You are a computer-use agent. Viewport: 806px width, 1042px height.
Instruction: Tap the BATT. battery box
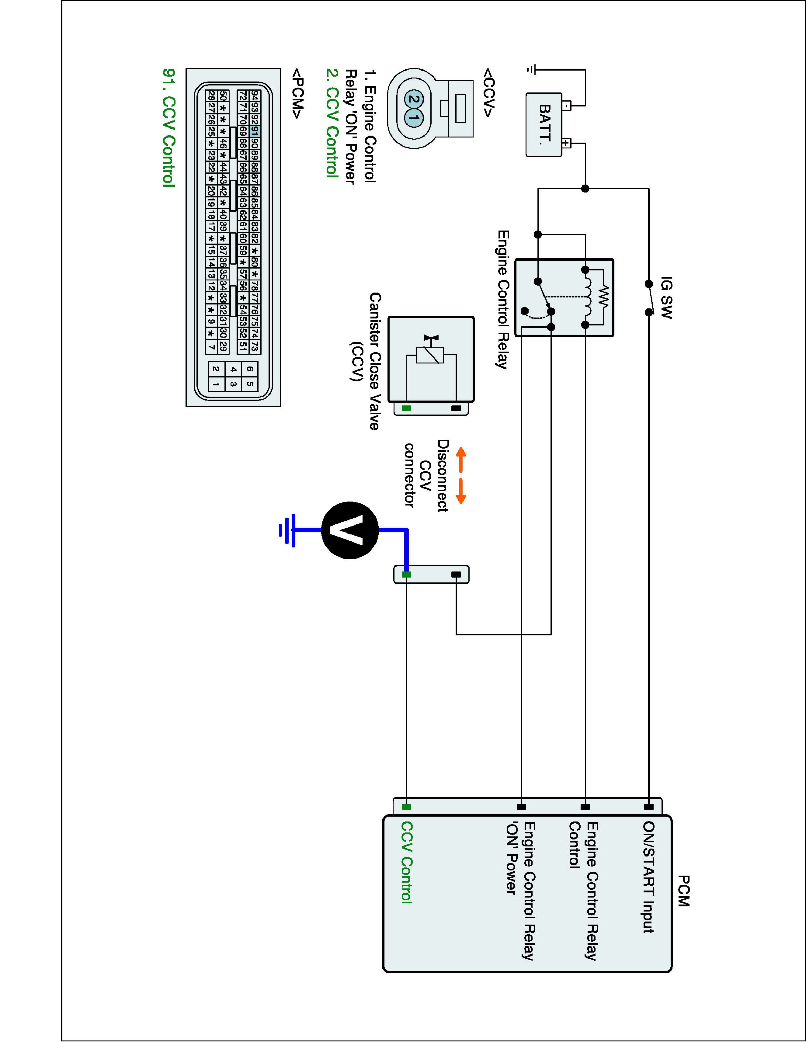pos(544,125)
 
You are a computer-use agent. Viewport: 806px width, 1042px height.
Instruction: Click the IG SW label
pos(667,297)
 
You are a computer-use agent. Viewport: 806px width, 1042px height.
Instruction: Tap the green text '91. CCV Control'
pos(169,127)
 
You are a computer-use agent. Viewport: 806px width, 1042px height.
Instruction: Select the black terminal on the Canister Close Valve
pos(456,408)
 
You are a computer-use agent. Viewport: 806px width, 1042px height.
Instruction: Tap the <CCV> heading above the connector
pos(487,93)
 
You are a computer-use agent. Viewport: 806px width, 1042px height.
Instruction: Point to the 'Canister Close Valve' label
pos(375,361)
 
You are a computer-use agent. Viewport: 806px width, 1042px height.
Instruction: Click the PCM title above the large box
pos(683,891)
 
